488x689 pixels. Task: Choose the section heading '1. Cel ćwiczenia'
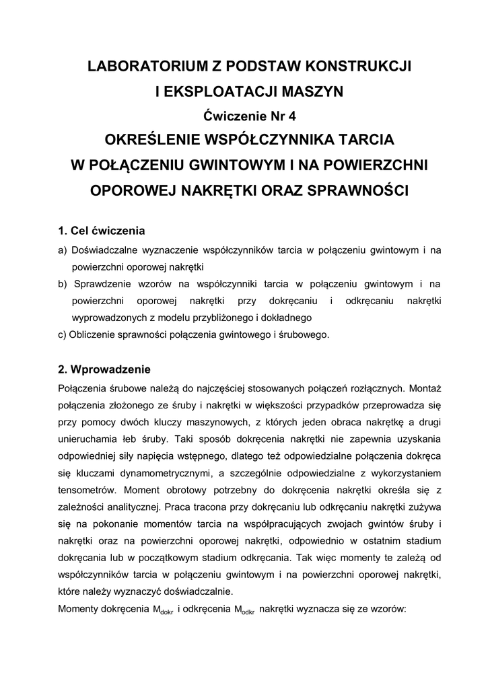[102, 231]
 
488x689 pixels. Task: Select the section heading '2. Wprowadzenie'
[104, 369]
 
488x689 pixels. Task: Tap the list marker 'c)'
[63, 334]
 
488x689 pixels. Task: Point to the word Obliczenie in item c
[93, 334]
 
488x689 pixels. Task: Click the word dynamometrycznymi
[156, 474]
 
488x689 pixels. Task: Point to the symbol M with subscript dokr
[160, 610]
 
